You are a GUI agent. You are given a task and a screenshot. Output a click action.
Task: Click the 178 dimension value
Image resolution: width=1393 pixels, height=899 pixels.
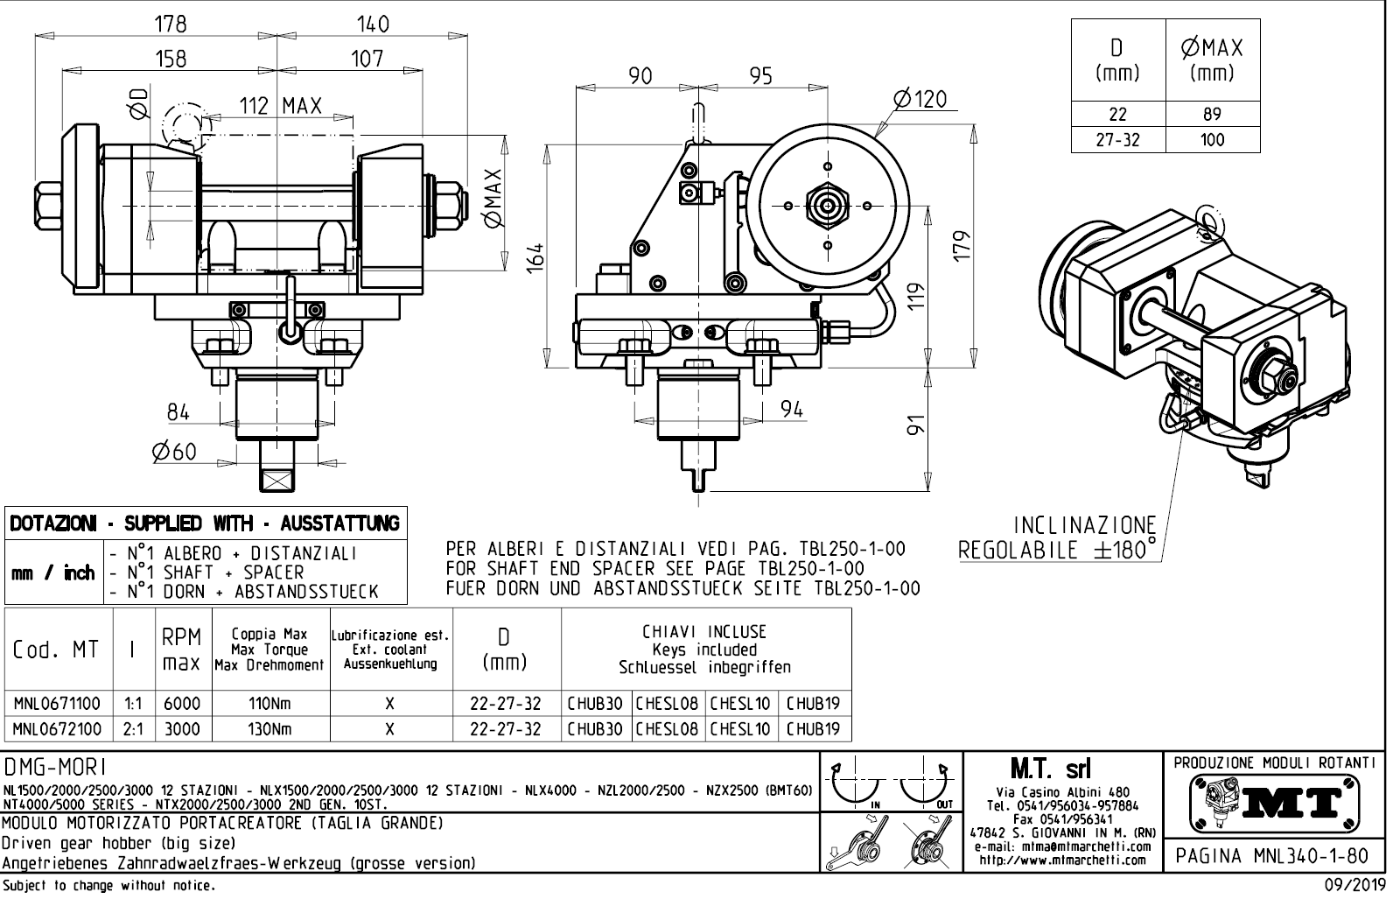[170, 25]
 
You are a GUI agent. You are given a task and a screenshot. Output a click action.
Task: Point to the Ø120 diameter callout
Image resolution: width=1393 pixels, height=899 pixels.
[920, 99]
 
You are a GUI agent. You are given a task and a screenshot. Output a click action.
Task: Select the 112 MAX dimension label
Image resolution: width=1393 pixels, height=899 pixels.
[281, 107]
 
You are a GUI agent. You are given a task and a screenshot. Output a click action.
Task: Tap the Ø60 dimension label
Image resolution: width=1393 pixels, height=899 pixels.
[174, 452]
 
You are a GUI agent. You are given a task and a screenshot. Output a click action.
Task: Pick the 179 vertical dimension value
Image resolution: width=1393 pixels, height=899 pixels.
[962, 246]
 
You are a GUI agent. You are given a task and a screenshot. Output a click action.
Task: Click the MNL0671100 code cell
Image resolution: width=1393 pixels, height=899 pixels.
[58, 703]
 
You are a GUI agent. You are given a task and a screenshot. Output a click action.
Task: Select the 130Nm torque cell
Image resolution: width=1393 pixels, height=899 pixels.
[269, 729]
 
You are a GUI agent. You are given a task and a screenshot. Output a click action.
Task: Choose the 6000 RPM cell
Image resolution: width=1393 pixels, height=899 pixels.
[182, 703]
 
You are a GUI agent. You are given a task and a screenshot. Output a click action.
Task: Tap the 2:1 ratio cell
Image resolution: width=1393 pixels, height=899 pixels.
[133, 729]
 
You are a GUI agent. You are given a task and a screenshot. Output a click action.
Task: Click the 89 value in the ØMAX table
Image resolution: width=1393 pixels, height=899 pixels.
[1212, 115]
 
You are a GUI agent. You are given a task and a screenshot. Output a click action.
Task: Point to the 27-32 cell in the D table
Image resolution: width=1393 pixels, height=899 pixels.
[1118, 140]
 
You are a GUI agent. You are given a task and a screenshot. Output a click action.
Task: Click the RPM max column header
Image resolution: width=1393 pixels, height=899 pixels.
[182, 650]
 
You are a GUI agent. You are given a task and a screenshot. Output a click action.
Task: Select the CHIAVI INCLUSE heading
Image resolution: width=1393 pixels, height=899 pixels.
[704, 631]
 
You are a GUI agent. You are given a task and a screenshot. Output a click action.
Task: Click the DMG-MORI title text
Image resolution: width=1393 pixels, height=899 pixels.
[56, 768]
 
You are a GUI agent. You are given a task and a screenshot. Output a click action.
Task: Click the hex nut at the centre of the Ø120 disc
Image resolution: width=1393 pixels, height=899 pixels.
[828, 205]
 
